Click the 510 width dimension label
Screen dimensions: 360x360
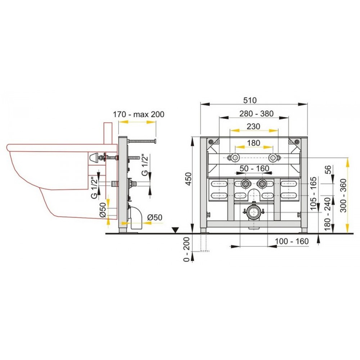(250, 100)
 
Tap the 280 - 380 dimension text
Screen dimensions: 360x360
(256, 114)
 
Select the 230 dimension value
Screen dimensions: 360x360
(253, 126)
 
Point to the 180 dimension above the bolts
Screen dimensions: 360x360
(253, 143)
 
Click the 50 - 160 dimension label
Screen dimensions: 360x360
(254, 168)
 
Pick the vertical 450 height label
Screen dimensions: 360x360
(188, 179)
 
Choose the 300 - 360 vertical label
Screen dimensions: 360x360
(343, 195)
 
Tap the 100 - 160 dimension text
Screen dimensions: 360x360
(292, 241)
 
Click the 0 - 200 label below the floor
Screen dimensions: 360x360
(186, 249)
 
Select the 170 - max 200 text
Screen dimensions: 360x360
(139, 114)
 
